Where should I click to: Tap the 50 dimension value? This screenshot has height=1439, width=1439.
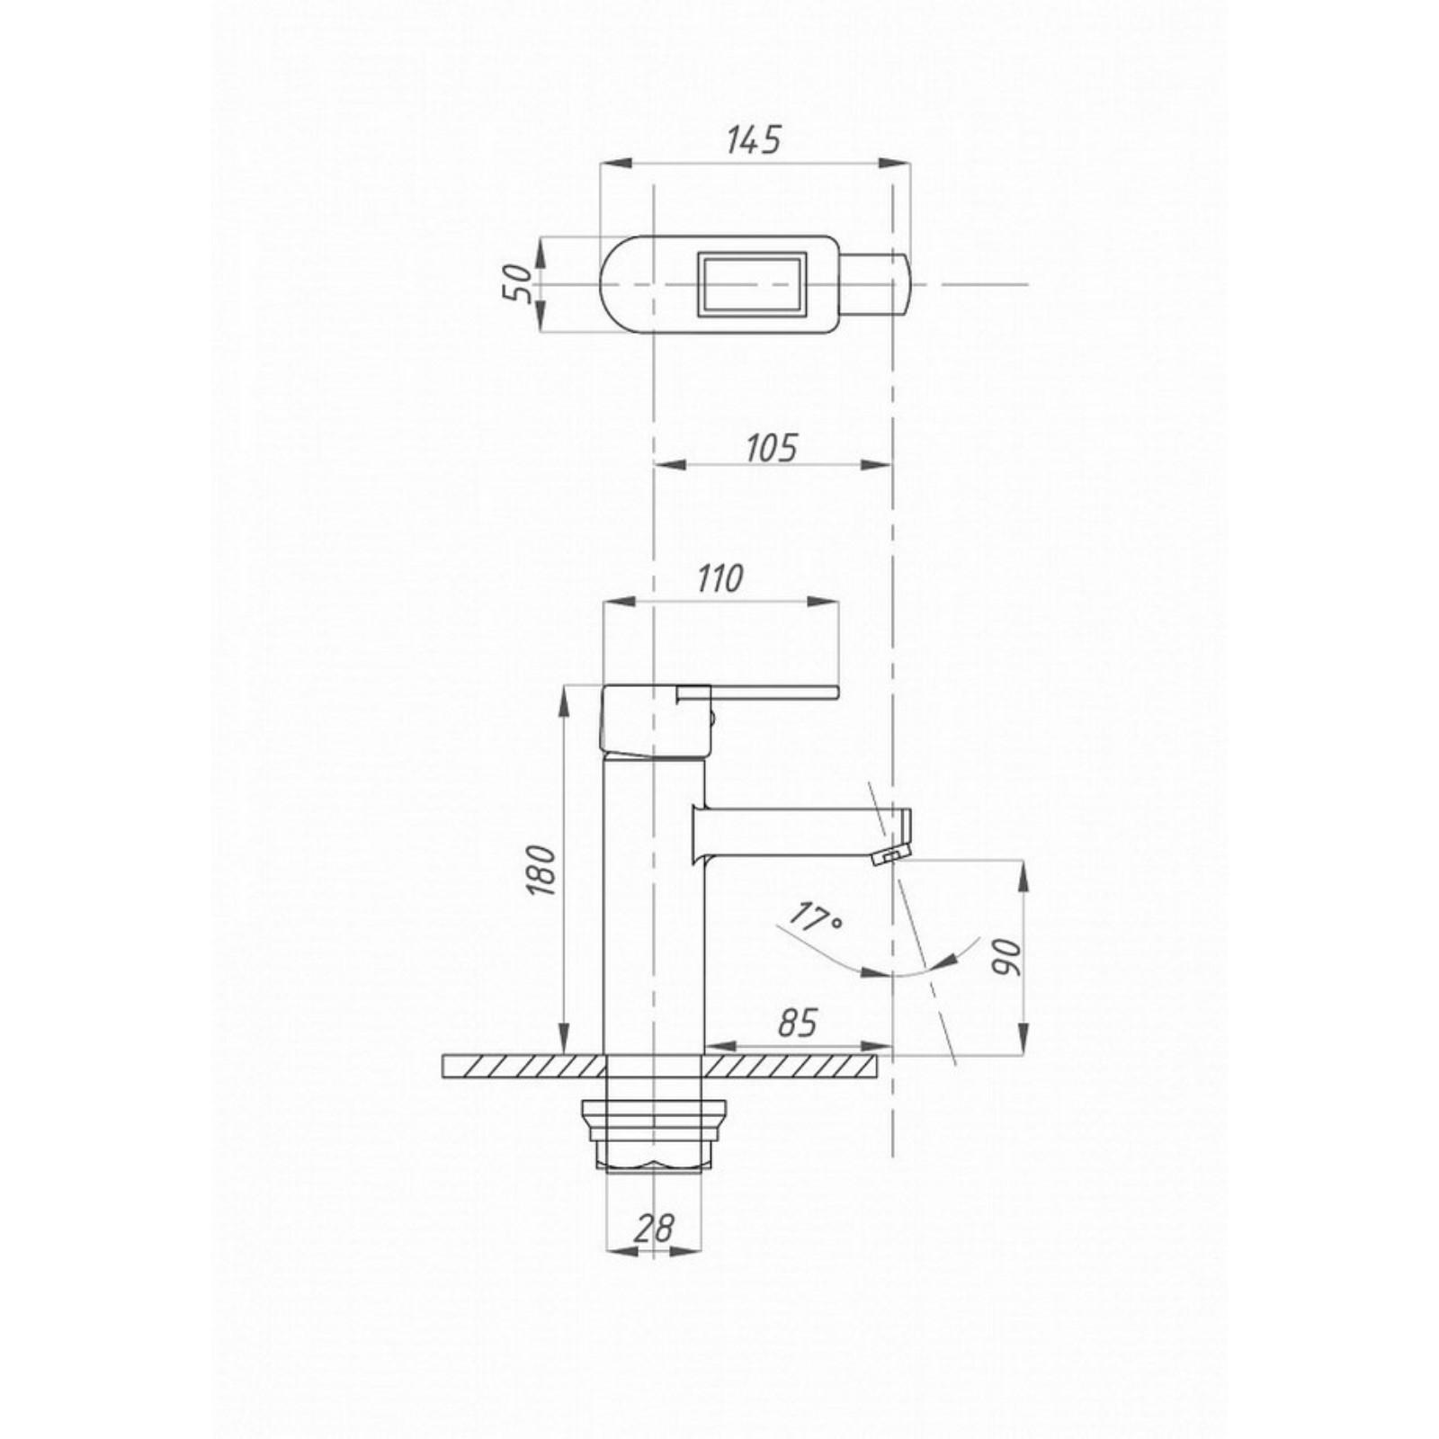[518, 284]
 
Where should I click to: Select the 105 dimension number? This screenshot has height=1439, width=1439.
[772, 447]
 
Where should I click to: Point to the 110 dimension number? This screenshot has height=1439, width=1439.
[719, 578]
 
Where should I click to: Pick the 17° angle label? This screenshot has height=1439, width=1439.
[815, 917]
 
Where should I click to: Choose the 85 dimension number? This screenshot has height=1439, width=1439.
[797, 1023]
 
